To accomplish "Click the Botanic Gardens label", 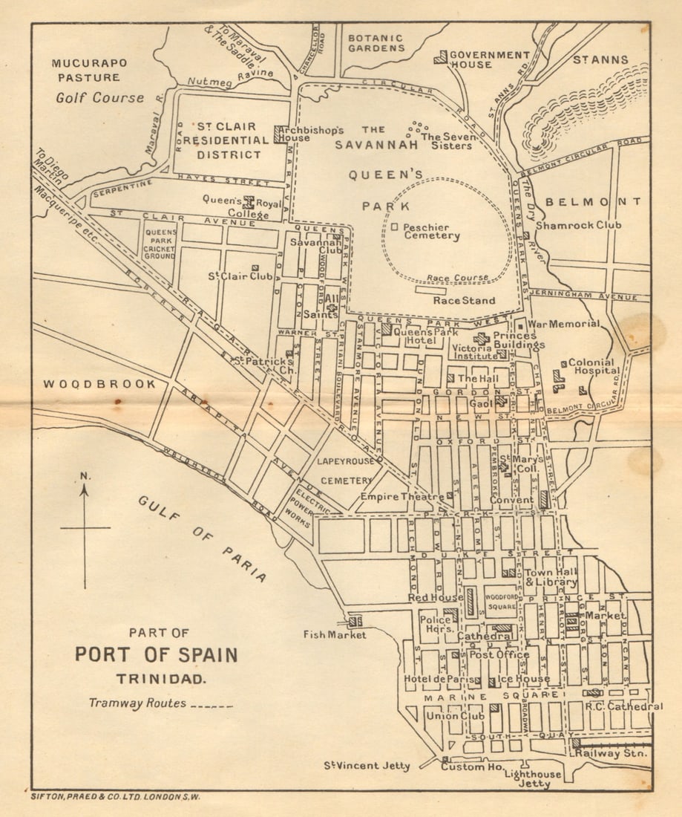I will pos(377,43).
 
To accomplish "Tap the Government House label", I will pos(490,59).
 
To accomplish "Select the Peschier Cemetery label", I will pos(431,231).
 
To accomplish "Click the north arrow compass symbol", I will pos(85,528).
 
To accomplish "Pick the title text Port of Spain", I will pos(156,655).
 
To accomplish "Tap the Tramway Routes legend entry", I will pos(160,703).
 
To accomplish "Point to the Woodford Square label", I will pos(501,601).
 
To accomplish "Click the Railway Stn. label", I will pos(612,753).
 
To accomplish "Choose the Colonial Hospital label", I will pos(594,366).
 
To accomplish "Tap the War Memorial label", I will pos(563,324).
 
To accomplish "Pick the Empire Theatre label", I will pos(401,496).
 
